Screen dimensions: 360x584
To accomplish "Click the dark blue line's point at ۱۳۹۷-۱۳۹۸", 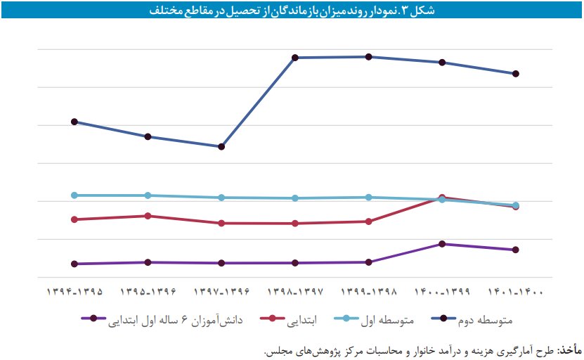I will click(296, 58).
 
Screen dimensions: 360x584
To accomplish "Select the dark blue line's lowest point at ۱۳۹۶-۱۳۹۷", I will click(221, 147).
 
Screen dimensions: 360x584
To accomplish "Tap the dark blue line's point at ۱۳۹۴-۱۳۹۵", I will click(74, 122).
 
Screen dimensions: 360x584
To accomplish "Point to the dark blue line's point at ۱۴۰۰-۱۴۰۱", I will click(516, 74).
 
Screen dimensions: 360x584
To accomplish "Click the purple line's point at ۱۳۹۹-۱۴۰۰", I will click(442, 244).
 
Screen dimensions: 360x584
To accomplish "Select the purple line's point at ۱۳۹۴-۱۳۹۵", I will click(74, 264).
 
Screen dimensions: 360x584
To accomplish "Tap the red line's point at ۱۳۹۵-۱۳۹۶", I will click(148, 216).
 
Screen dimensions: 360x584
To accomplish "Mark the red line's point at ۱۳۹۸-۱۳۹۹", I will click(369, 221).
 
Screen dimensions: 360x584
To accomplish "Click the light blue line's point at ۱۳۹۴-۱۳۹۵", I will click(74, 195).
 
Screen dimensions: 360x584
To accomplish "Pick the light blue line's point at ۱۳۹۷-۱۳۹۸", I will click(296, 198).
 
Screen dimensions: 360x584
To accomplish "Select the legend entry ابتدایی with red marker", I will click(292, 321).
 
